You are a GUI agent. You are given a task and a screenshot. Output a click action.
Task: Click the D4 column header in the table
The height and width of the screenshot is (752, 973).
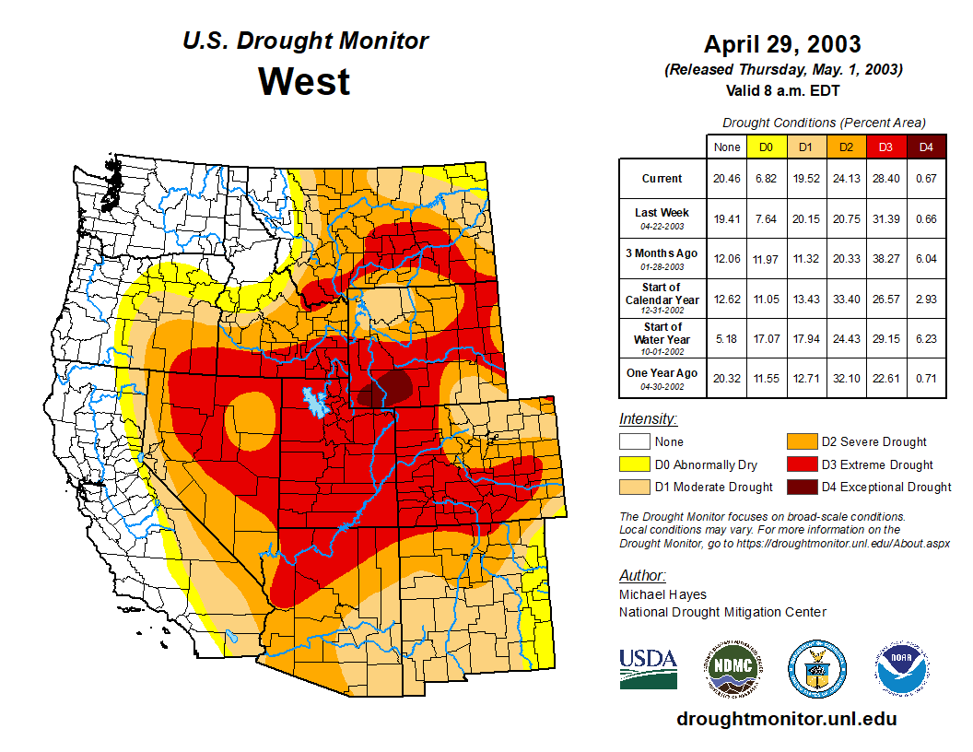(x=926, y=147)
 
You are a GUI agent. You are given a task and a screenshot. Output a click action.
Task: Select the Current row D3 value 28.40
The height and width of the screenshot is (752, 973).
(x=886, y=179)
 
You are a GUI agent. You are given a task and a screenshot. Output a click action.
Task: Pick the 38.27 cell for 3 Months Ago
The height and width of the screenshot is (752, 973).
(x=886, y=259)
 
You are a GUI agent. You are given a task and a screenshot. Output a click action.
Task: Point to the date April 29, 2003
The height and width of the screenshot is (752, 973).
(x=782, y=44)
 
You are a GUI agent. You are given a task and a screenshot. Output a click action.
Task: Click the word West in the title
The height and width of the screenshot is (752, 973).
(x=304, y=81)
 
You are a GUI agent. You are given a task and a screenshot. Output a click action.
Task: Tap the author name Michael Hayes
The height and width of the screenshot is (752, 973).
(x=662, y=595)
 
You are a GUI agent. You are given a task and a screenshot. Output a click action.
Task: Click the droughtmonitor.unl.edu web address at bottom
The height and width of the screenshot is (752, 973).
(x=786, y=719)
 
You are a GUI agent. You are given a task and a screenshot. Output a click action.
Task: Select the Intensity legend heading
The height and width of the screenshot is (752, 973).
(x=648, y=419)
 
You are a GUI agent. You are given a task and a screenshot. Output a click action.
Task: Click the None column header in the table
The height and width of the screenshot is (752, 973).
(x=727, y=147)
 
